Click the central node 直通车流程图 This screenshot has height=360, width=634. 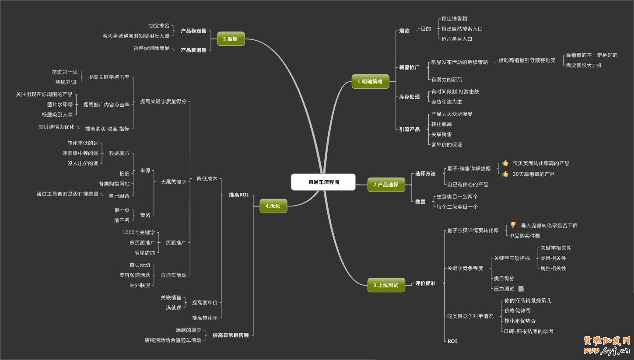[x=323, y=182]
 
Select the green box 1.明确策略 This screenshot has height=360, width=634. [x=370, y=81]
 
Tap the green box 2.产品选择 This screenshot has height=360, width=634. [x=386, y=185]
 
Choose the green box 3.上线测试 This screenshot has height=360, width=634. [x=386, y=285]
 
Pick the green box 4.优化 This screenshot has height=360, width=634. [x=273, y=206]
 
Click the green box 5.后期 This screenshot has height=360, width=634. [x=231, y=39]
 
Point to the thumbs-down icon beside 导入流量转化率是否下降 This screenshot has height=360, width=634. [x=513, y=225]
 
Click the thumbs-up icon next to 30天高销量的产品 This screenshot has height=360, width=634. [x=505, y=174]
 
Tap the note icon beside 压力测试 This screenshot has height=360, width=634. [x=521, y=288]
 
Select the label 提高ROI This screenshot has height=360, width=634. [x=238, y=195]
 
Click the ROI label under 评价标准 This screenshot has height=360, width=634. [x=452, y=341]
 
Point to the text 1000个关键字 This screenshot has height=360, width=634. [x=139, y=232]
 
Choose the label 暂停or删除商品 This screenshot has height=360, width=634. [x=151, y=48]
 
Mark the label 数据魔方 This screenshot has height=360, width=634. [x=119, y=153]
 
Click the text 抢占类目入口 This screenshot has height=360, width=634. [x=457, y=39]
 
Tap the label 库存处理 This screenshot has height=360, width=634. [x=409, y=97]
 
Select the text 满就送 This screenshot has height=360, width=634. [x=174, y=308]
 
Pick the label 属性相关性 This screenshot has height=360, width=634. [x=553, y=268]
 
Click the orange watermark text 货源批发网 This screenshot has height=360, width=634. [x=607, y=341]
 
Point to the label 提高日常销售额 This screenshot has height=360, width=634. [x=231, y=335]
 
